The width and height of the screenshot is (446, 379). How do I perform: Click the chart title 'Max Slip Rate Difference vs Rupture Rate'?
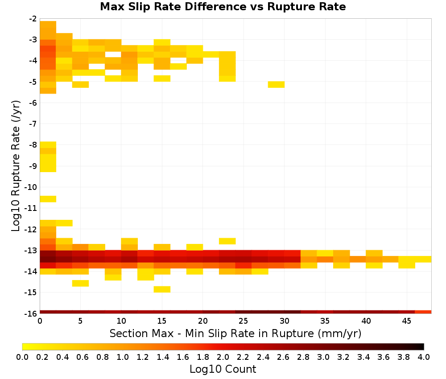coord(223,7)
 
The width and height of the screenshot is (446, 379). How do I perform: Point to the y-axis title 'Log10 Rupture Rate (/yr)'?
coord(16,166)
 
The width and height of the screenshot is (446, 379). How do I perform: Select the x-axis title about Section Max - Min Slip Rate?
coord(235,334)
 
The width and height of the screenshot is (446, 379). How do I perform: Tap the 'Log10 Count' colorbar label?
coord(223,369)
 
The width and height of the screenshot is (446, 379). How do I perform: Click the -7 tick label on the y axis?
coord(33,124)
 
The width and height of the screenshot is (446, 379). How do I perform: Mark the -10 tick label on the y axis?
coord(31,187)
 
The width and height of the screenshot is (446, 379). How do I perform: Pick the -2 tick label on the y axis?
coord(33,19)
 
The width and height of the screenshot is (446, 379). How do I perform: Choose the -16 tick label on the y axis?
coord(31,313)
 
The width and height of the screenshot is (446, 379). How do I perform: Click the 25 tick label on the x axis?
coord(244,321)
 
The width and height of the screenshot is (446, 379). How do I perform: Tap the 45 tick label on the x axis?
coord(406,321)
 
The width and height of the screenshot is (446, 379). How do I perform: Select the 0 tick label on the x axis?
coord(40,321)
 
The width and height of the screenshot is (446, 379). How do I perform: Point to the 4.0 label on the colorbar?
coord(424,357)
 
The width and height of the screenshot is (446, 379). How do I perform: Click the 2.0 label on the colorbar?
coord(223,357)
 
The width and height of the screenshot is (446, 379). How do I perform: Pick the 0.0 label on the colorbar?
coord(22,357)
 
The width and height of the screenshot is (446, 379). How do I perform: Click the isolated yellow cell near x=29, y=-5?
coord(276,84)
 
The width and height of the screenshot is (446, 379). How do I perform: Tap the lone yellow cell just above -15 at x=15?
coord(162,289)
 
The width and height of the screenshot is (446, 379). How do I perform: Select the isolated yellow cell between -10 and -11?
coord(48,199)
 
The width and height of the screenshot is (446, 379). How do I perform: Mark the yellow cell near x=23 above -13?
coord(227,241)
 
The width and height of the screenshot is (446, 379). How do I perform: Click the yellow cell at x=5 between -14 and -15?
coord(80,283)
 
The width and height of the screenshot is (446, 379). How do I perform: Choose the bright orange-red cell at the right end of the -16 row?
coord(423,312)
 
